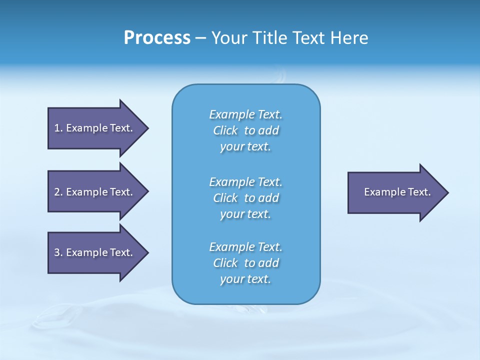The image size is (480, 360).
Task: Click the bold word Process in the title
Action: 157,38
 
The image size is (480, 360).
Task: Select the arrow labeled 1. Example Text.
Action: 95,128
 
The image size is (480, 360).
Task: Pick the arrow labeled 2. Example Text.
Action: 95,192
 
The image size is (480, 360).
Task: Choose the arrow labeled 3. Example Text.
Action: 95,252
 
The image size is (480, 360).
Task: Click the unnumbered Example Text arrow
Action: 395,192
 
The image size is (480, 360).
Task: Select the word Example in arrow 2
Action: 86,192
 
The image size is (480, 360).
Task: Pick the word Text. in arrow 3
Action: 121,252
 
